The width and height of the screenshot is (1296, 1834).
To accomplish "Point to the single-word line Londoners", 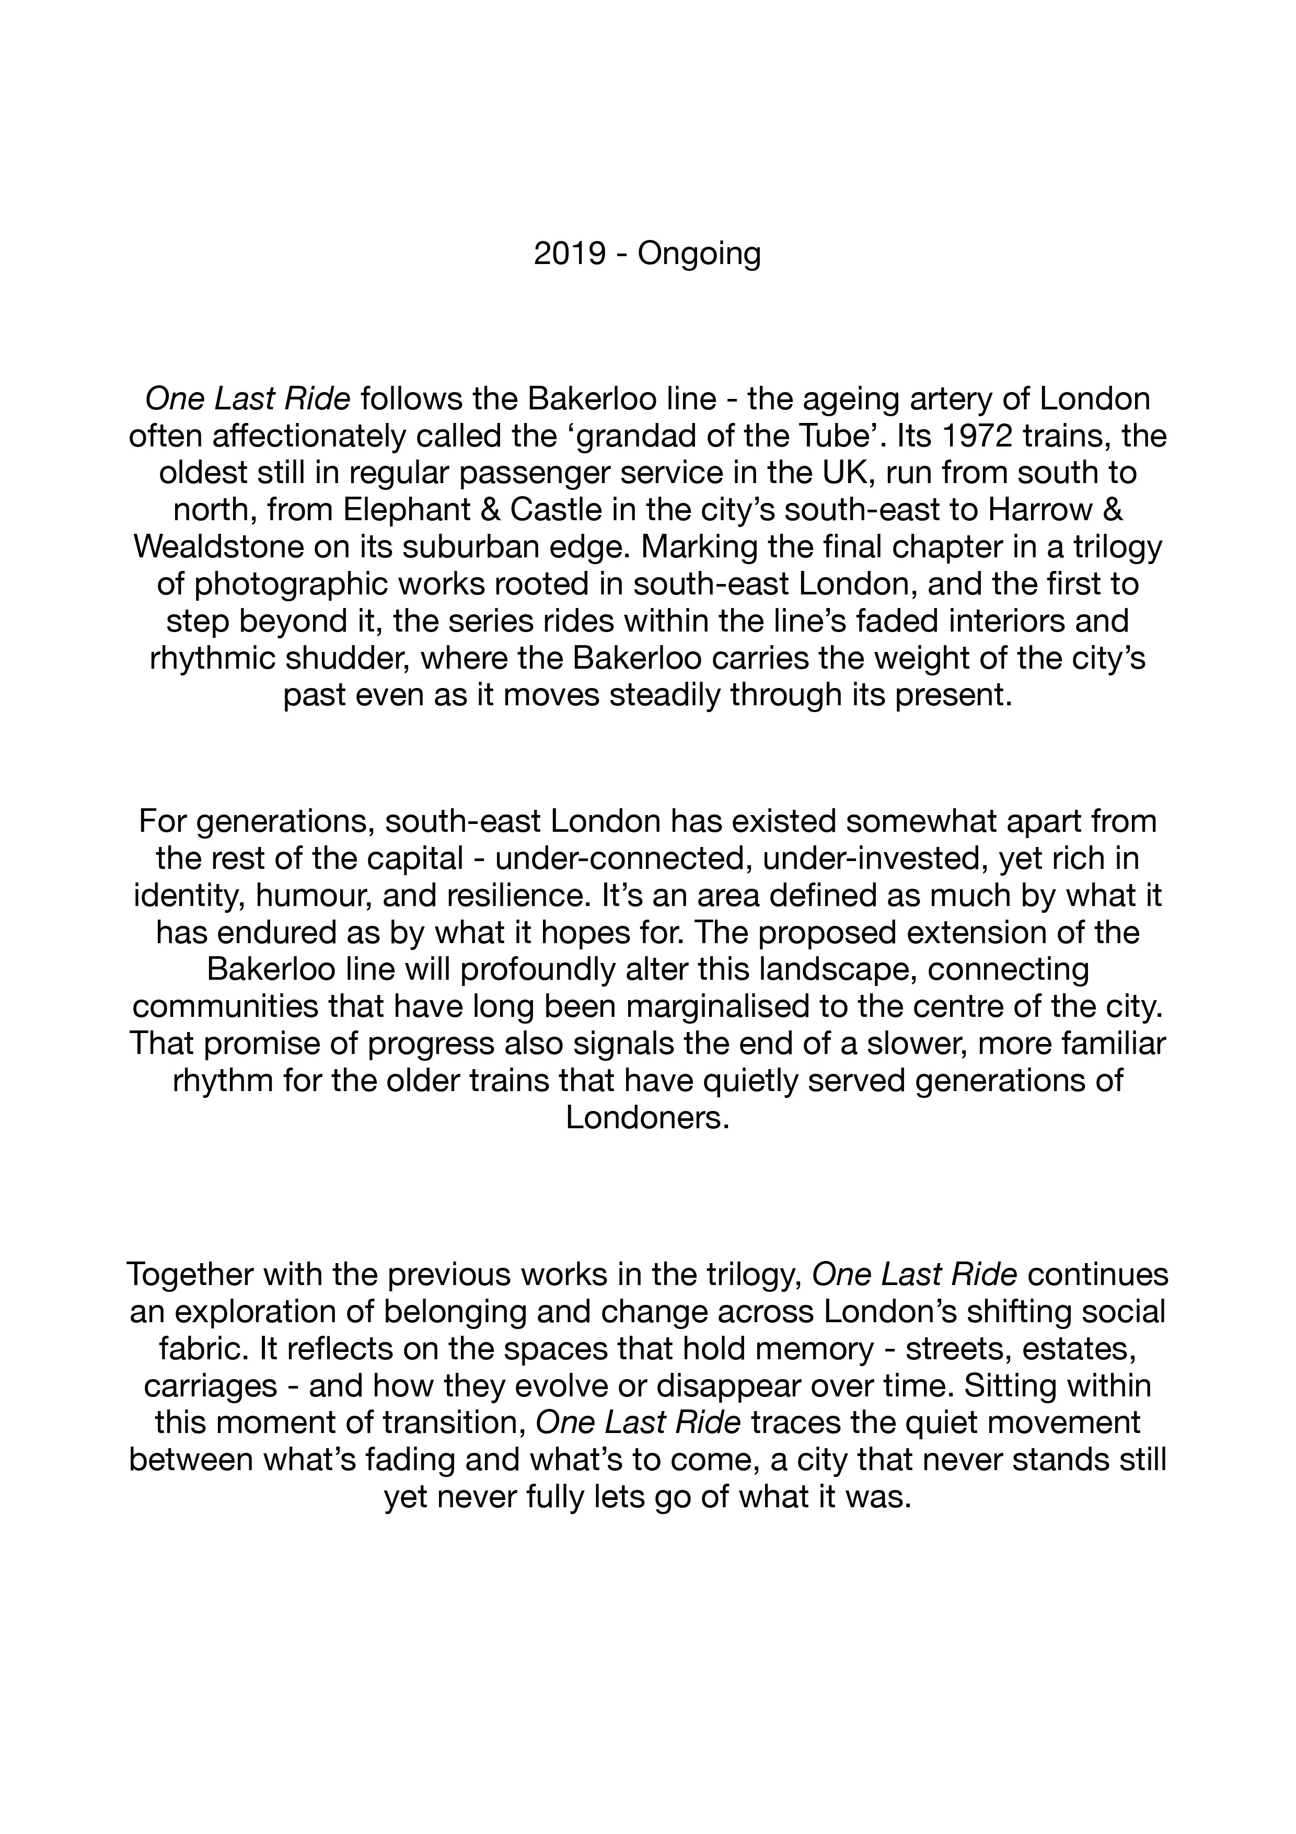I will tap(647, 1117).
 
